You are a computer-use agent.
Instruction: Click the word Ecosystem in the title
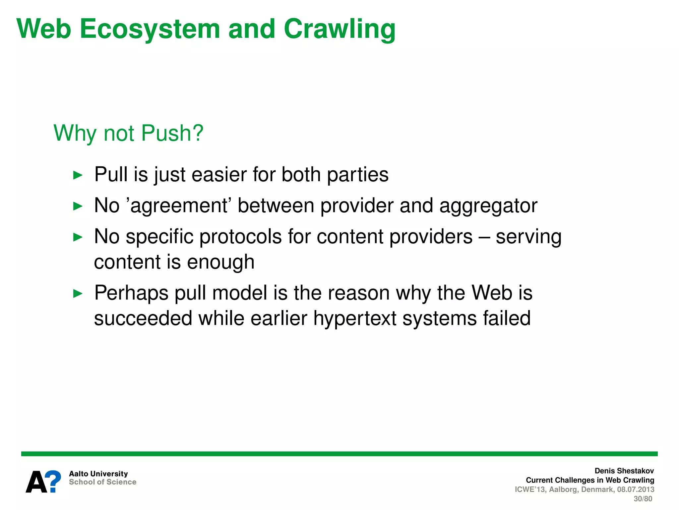click(x=150, y=29)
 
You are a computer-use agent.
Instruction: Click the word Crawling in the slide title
click(x=339, y=29)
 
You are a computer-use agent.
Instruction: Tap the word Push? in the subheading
click(x=172, y=133)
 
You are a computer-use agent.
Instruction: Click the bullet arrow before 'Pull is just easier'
click(x=78, y=175)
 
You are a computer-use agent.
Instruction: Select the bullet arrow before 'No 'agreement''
click(x=78, y=206)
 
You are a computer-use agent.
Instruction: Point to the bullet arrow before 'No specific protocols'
click(x=78, y=237)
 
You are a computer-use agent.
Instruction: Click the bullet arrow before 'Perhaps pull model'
click(x=78, y=294)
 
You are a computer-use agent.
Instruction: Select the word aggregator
click(x=488, y=206)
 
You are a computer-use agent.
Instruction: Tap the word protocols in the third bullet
click(x=240, y=237)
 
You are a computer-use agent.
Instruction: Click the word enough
click(x=220, y=262)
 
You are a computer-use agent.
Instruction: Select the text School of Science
click(x=102, y=482)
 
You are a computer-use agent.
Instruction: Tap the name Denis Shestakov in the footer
click(x=624, y=471)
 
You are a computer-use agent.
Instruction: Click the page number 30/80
click(x=643, y=499)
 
